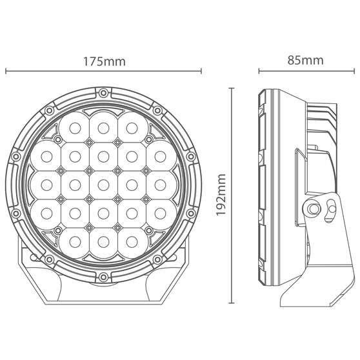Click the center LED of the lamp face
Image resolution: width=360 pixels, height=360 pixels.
click(x=103, y=184)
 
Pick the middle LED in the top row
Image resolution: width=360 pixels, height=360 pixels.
click(x=103, y=125)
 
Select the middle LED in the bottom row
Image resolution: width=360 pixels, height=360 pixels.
click(x=103, y=242)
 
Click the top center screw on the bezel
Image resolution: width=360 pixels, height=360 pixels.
click(x=103, y=94)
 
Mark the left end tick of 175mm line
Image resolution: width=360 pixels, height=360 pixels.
click(x=5, y=71)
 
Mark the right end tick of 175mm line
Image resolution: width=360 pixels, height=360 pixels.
click(x=202, y=71)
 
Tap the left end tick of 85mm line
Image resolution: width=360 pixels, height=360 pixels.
click(x=259, y=71)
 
